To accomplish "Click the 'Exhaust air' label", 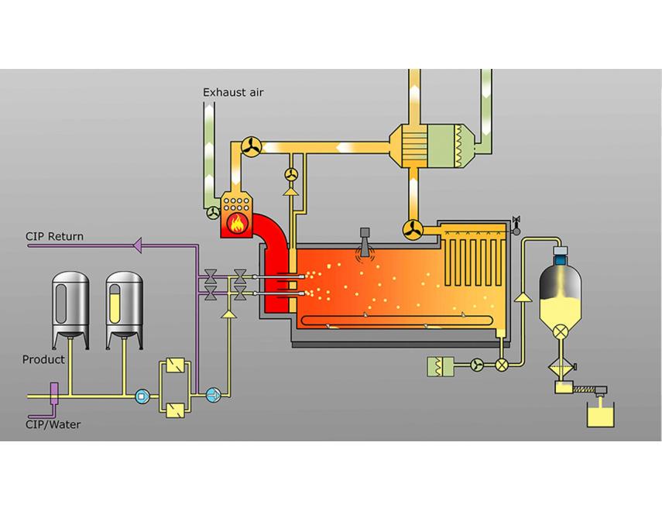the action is pyautogui.click(x=233, y=92).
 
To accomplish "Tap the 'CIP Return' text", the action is pyautogui.click(x=54, y=236).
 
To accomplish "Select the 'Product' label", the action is pyautogui.click(x=43, y=359).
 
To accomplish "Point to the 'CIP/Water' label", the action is pyautogui.click(x=53, y=424).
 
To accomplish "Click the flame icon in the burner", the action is pyautogui.click(x=237, y=222).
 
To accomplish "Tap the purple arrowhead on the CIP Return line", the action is pyautogui.click(x=137, y=245).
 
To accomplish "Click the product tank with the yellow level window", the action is pyautogui.click(x=124, y=310).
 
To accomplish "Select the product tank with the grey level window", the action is pyautogui.click(x=70, y=310).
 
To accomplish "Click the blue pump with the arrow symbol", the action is pyautogui.click(x=213, y=396).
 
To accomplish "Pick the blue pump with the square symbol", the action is pyautogui.click(x=142, y=396).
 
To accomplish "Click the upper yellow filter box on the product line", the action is pyautogui.click(x=175, y=365).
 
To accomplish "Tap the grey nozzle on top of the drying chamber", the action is pyautogui.click(x=365, y=242).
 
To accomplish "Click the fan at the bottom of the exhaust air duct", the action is pyautogui.click(x=213, y=212).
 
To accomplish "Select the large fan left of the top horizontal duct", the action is pyautogui.click(x=251, y=147).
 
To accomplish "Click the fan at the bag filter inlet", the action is pyautogui.click(x=413, y=230).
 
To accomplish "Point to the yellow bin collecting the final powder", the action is pyautogui.click(x=600, y=414).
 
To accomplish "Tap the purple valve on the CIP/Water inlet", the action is pyautogui.click(x=54, y=393).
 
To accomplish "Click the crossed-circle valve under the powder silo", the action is pyautogui.click(x=561, y=331).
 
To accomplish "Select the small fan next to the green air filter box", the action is pyautogui.click(x=477, y=365).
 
